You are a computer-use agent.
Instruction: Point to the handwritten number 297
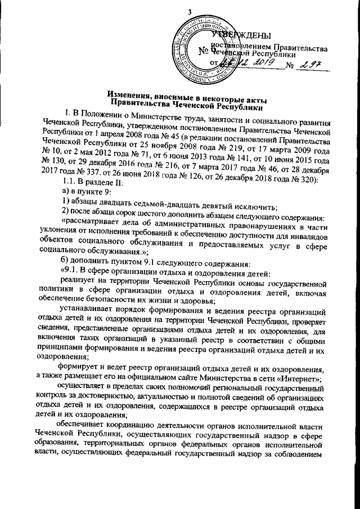(x=311, y=66)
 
